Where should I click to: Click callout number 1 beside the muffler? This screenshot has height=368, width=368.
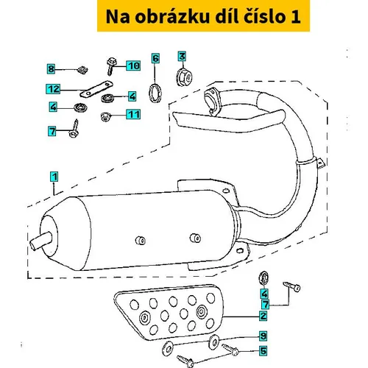coord(54,177)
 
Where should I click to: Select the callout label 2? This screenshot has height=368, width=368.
coord(263,316)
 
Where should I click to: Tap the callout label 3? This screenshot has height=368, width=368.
coord(182,56)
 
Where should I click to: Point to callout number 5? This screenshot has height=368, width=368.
coord(263,350)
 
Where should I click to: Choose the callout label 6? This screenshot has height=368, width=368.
coord(155,58)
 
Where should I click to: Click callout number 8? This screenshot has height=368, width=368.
coord(51,68)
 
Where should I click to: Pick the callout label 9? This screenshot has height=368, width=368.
coord(263,336)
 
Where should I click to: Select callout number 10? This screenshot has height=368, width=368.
coord(133,66)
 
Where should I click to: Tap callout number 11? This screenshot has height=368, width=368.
coord(133,114)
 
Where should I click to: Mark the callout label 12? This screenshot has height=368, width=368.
coord(53,89)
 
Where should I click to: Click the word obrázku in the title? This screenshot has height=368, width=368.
coord(172,16)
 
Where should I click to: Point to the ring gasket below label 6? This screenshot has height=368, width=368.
coord(155,93)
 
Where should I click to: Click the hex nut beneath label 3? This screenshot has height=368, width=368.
coord(185,77)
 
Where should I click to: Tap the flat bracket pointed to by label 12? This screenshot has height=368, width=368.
coord(96,89)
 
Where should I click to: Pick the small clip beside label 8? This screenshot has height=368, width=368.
coord(82,70)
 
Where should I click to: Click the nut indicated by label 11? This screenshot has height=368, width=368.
coord(105,116)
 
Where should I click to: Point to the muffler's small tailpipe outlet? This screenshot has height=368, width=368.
coord(41,240)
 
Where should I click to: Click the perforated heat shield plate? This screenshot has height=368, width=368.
coord(169,313)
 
